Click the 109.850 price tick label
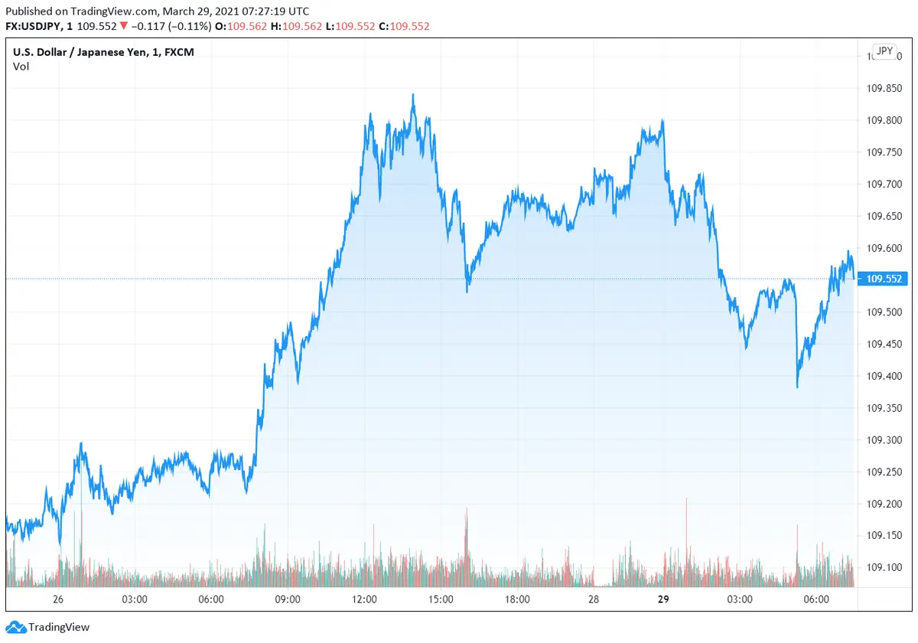pos(882,89)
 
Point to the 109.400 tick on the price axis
pos(882,376)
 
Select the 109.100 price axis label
pos(882,567)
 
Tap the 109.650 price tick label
pos(882,217)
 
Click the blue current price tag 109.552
pos(883,279)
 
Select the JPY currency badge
pos(884,51)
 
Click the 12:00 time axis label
pos(365,599)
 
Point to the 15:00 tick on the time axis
pos(441,599)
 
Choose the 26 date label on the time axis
pos(58,599)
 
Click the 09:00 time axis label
pos(288,599)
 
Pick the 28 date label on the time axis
pos(594,599)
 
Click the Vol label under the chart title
pos(21,67)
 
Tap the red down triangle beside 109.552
pos(123,26)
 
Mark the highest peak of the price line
pos(413,95)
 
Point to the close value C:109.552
pos(404,26)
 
